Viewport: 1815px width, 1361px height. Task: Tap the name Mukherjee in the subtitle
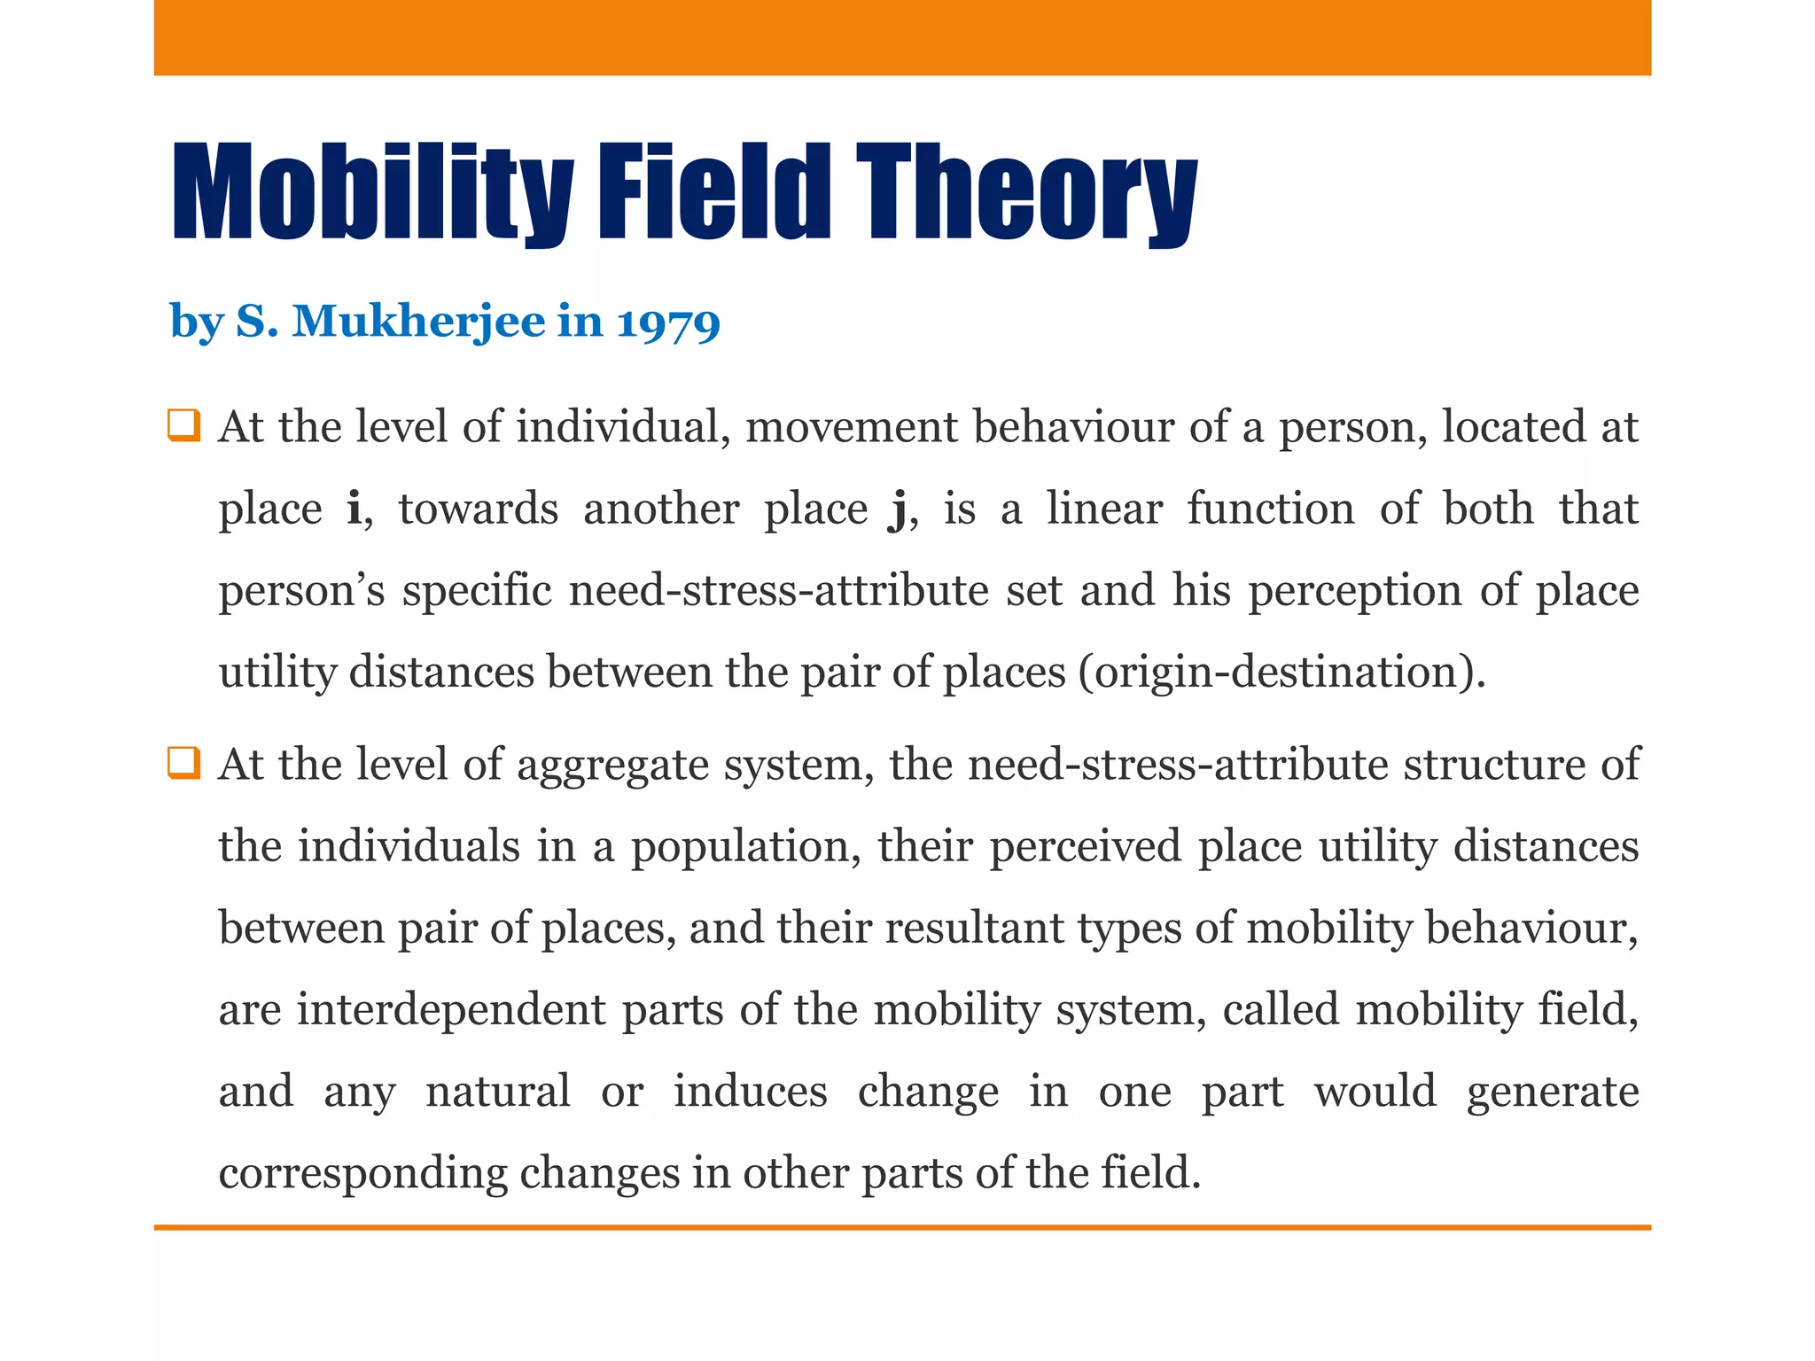point(417,322)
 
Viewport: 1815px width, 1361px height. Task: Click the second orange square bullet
point(183,763)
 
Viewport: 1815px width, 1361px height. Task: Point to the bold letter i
point(354,509)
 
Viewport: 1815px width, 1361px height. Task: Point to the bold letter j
point(896,510)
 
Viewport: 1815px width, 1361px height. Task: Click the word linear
point(1104,509)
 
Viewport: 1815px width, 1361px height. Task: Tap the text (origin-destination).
point(1281,672)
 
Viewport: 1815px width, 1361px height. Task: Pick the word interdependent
point(451,1010)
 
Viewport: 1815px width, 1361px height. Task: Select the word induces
point(750,1092)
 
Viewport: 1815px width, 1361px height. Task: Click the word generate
point(1552,1092)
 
